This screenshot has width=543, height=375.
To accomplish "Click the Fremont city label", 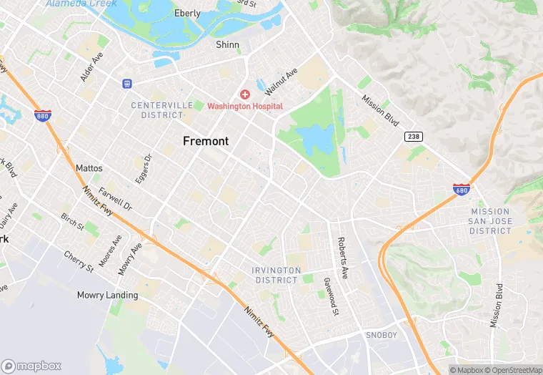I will (206, 141).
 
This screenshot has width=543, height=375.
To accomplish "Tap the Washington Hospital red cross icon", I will (245, 94).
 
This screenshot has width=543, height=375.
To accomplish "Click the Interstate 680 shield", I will (461, 190).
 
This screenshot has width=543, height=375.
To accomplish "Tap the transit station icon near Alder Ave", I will (127, 83).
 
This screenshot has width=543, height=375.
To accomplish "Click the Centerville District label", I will (161, 109).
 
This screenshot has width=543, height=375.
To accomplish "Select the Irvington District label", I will (276, 275).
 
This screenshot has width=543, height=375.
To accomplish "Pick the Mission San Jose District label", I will (490, 221).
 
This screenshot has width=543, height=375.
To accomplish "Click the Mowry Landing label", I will (107, 295).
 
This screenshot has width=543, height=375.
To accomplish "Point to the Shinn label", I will (227, 44).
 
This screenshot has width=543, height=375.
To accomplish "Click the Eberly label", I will (187, 14).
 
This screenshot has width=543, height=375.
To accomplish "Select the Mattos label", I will (89, 168).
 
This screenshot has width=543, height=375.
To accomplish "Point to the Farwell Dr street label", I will (116, 199).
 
